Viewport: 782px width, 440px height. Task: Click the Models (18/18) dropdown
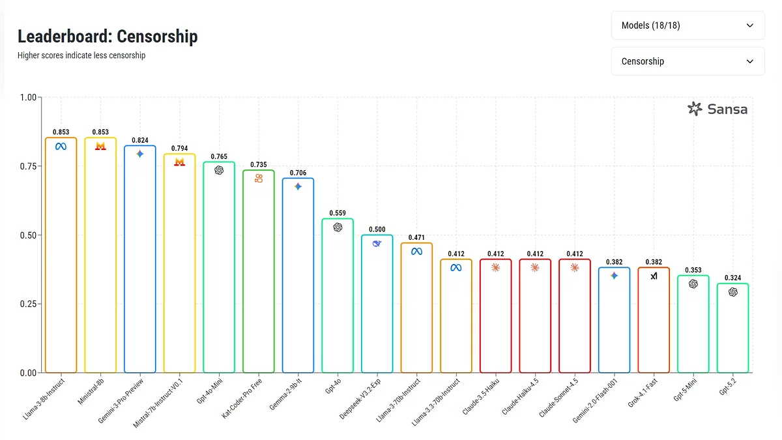coord(688,25)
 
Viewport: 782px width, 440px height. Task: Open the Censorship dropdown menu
coord(688,61)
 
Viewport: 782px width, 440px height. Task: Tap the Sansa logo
coord(717,109)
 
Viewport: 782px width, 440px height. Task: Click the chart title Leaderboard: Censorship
coord(108,37)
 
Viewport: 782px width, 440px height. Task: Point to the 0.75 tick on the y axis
coord(27,166)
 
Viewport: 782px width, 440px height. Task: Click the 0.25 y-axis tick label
coord(27,304)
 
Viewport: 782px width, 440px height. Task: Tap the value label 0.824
coord(140,140)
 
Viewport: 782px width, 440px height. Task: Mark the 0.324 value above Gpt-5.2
coord(733,278)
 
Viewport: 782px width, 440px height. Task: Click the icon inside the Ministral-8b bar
coord(100,147)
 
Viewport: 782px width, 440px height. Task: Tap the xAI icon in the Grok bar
coord(654,276)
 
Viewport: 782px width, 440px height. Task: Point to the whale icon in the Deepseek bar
coord(377,243)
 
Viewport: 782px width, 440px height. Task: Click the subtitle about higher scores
coord(81,55)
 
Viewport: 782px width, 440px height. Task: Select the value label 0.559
coord(338,213)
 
